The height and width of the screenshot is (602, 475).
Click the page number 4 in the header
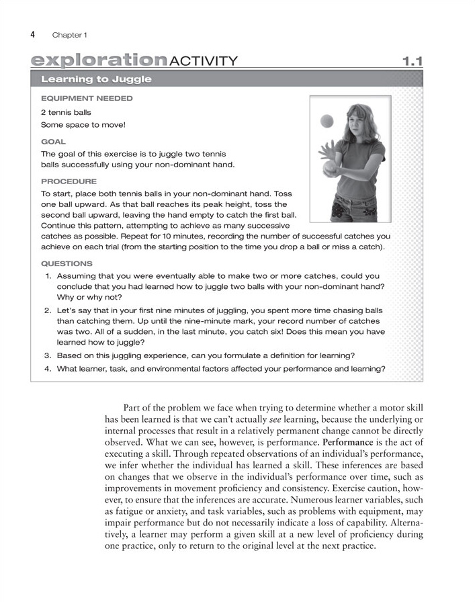point(33,34)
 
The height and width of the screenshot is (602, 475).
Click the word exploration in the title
point(99,61)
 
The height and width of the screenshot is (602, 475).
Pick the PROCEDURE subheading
point(69,181)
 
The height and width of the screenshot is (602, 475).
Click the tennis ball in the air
point(327,121)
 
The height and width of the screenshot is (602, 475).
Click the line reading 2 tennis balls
point(66,112)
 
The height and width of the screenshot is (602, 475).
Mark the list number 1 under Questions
point(48,276)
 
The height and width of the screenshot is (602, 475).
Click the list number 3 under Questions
point(48,355)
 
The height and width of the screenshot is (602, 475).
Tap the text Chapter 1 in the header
point(69,34)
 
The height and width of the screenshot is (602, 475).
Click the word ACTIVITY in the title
point(204,61)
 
